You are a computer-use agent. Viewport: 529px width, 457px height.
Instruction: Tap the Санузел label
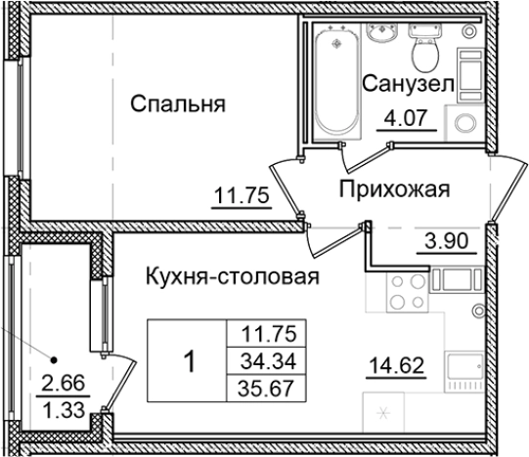click(x=408, y=86)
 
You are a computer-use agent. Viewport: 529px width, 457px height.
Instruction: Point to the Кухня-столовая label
click(x=231, y=276)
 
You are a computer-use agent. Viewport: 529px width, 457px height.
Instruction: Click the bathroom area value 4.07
click(x=397, y=123)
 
